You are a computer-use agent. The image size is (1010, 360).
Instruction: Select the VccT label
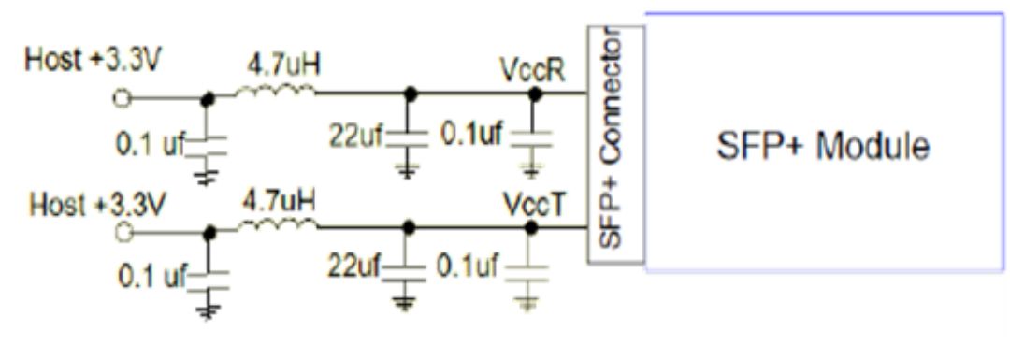(533, 205)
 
